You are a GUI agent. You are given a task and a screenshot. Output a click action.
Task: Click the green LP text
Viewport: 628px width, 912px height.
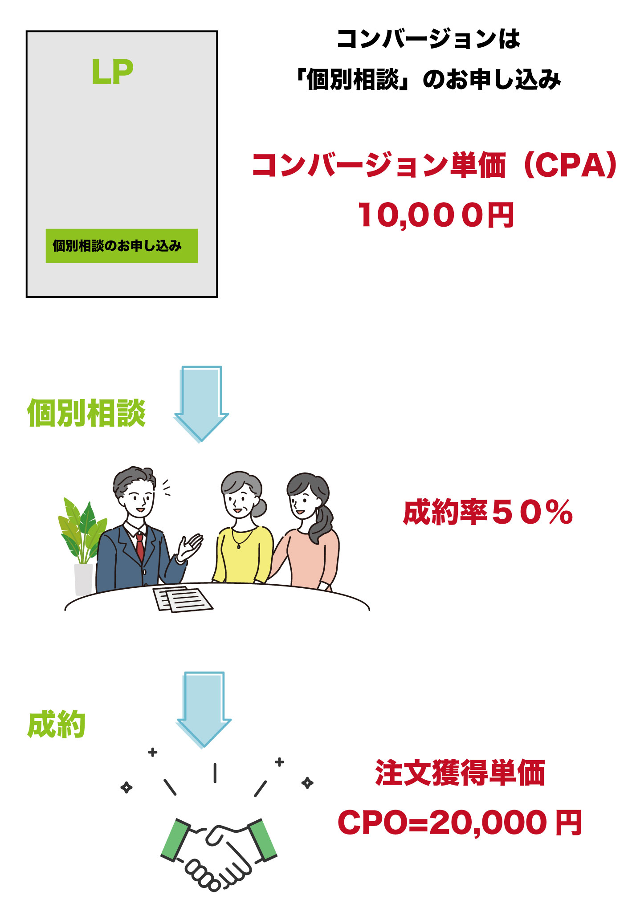[112, 72]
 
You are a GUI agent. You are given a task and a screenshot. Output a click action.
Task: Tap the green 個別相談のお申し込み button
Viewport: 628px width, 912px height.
[122, 246]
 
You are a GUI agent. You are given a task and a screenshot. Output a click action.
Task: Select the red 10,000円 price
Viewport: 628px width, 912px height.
[436, 215]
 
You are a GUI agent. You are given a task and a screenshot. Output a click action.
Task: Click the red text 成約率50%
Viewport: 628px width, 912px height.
[488, 512]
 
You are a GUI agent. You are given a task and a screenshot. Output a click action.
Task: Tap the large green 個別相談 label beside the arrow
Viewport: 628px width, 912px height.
[86, 413]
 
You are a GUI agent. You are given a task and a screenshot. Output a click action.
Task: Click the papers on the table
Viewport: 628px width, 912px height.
[183, 599]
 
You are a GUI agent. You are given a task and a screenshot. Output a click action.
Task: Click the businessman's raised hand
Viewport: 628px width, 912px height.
[190, 547]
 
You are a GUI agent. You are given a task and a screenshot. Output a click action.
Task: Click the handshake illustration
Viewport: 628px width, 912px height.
[218, 853]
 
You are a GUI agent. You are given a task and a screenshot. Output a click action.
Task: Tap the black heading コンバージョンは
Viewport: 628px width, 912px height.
[428, 39]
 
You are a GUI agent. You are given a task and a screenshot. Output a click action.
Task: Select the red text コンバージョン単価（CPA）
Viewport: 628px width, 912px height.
[435, 165]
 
